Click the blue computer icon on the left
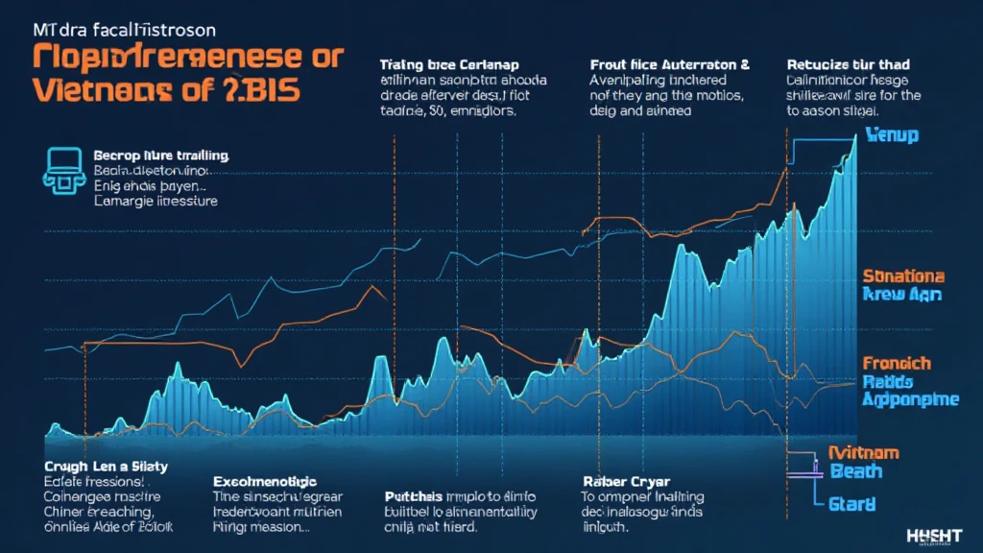[x=62, y=167]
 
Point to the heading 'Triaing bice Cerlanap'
[x=451, y=65]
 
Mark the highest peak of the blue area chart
[x=853, y=136]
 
